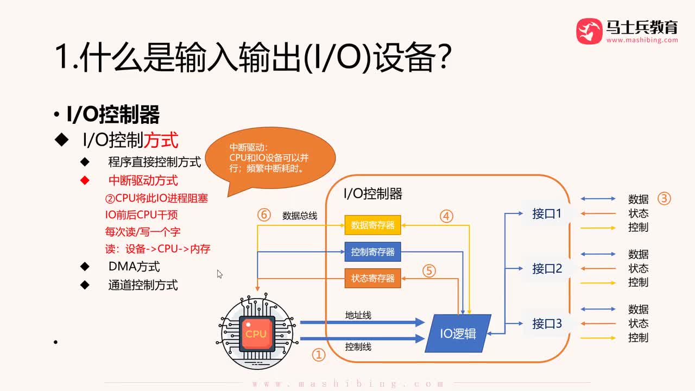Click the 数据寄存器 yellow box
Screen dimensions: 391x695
pyautogui.click(x=372, y=225)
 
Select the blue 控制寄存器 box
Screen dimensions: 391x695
pyautogui.click(x=372, y=252)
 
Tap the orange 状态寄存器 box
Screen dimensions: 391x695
pyautogui.click(x=372, y=279)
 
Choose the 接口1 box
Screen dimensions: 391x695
pyautogui.click(x=546, y=213)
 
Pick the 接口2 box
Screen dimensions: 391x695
pyautogui.click(x=546, y=269)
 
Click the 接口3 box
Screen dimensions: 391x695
pyautogui.click(x=546, y=324)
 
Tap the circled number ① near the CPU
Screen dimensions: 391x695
pyautogui.click(x=318, y=355)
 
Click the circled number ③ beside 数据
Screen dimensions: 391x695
pyautogui.click(x=664, y=199)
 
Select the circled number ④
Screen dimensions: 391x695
pyautogui.click(x=446, y=216)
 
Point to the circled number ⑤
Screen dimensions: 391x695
pyautogui.click(x=429, y=270)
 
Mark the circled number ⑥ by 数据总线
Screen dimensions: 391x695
pyautogui.click(x=264, y=215)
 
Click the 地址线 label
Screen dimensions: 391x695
pyautogui.click(x=358, y=315)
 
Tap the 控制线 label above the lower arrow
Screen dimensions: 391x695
pyautogui.click(x=358, y=346)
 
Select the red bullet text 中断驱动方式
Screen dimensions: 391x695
pyautogui.click(x=143, y=180)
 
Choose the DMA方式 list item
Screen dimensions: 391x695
pyautogui.click(x=134, y=267)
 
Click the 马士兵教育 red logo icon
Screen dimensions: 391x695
pyautogui.click(x=589, y=31)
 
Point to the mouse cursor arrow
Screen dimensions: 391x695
pyautogui.click(x=219, y=274)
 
